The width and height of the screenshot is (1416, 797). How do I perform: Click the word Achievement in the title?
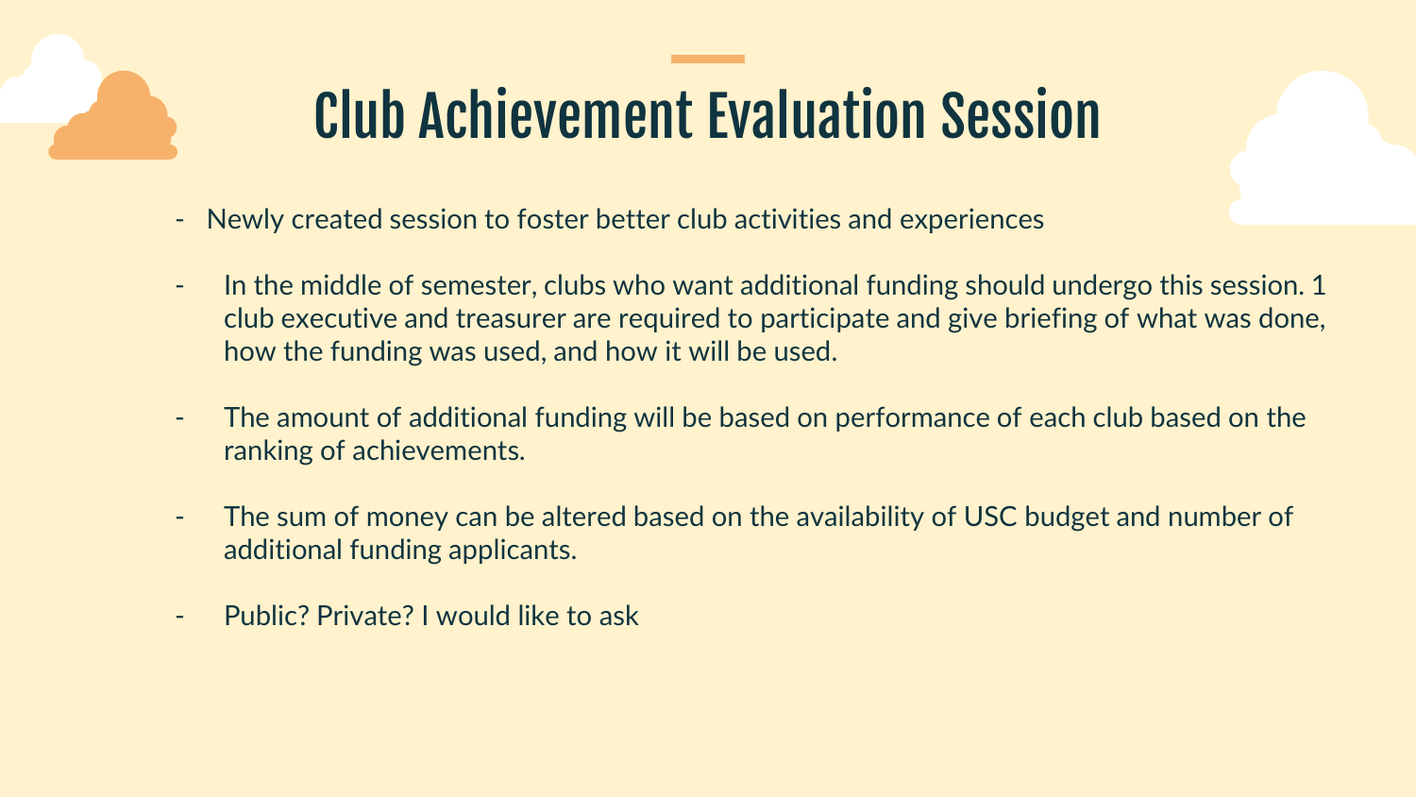tap(556, 115)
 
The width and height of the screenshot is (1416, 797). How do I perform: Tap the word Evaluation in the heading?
tap(817, 115)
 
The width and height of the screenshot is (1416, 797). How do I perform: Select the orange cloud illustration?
tap(113, 115)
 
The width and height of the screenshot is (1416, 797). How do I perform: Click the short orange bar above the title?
tap(707, 59)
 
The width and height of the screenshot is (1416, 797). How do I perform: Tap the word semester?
tap(479, 286)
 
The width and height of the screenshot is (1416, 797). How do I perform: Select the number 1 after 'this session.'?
tap(1319, 286)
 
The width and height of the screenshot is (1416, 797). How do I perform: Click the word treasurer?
tap(511, 319)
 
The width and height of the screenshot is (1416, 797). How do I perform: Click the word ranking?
tap(268, 451)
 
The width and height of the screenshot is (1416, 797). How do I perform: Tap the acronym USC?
tap(990, 517)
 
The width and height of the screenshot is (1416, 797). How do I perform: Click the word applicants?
tap(513, 551)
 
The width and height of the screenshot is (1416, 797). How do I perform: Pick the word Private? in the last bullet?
tap(364, 616)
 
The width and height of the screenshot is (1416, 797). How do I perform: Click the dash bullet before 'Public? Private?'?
tap(179, 616)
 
